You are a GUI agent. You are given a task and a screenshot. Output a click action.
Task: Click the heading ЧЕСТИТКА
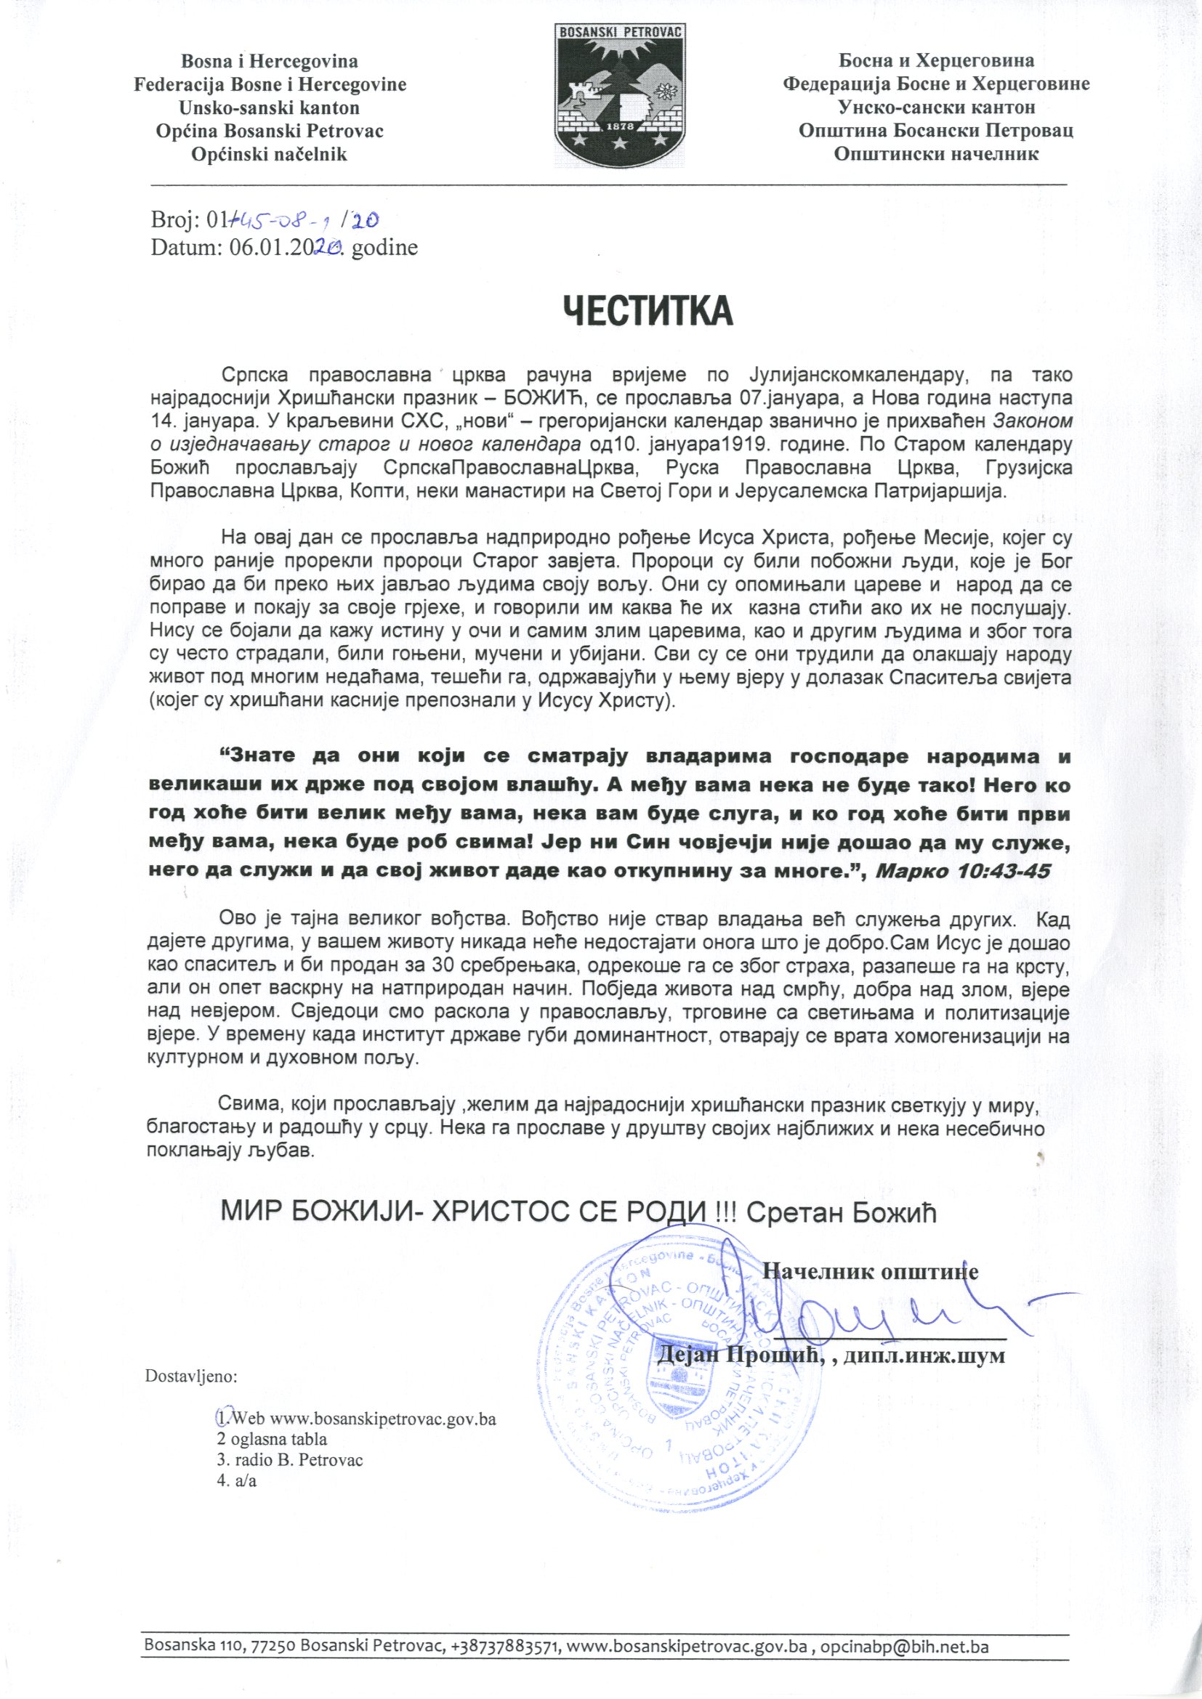[x=648, y=312]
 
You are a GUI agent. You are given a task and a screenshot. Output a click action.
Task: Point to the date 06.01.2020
[x=284, y=246]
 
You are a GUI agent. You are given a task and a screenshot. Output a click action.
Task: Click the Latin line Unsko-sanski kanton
[x=270, y=108]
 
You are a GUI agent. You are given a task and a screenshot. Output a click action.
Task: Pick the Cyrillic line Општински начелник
[x=935, y=154]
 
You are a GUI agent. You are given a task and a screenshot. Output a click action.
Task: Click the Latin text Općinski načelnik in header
[x=270, y=154]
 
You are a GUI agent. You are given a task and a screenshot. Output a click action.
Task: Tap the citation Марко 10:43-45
[x=962, y=871]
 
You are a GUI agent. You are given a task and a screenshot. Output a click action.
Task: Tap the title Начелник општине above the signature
[x=871, y=1272]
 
